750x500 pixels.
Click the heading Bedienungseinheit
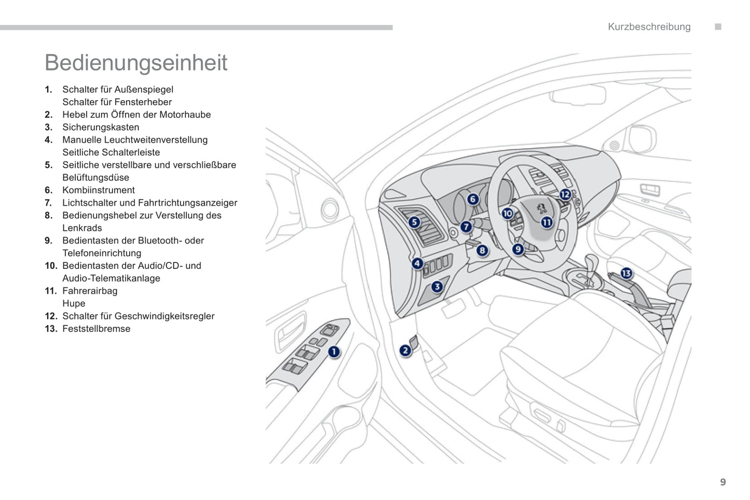tap(136, 63)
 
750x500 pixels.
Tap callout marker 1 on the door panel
tap(334, 352)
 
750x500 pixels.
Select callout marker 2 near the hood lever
tap(405, 351)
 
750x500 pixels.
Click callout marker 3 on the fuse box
tap(437, 286)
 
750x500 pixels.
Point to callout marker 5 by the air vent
tap(414, 223)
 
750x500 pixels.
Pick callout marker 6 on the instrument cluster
tap(472, 199)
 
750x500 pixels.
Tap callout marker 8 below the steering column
tap(482, 251)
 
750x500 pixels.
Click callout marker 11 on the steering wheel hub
tap(547, 223)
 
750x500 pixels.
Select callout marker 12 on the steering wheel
tap(565, 195)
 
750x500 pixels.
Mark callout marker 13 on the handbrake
tap(626, 273)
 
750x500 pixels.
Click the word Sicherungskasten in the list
tap(101, 127)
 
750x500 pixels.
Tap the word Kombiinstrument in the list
tap(99, 190)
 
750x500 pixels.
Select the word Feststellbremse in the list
tap(97, 329)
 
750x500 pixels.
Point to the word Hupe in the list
tap(74, 303)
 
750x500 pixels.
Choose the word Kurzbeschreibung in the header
tap(649, 27)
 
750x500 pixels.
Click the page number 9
tap(723, 482)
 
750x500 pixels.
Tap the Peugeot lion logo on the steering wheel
tap(541, 207)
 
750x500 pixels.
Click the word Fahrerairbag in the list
tap(90, 291)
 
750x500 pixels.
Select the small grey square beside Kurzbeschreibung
tap(718, 27)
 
